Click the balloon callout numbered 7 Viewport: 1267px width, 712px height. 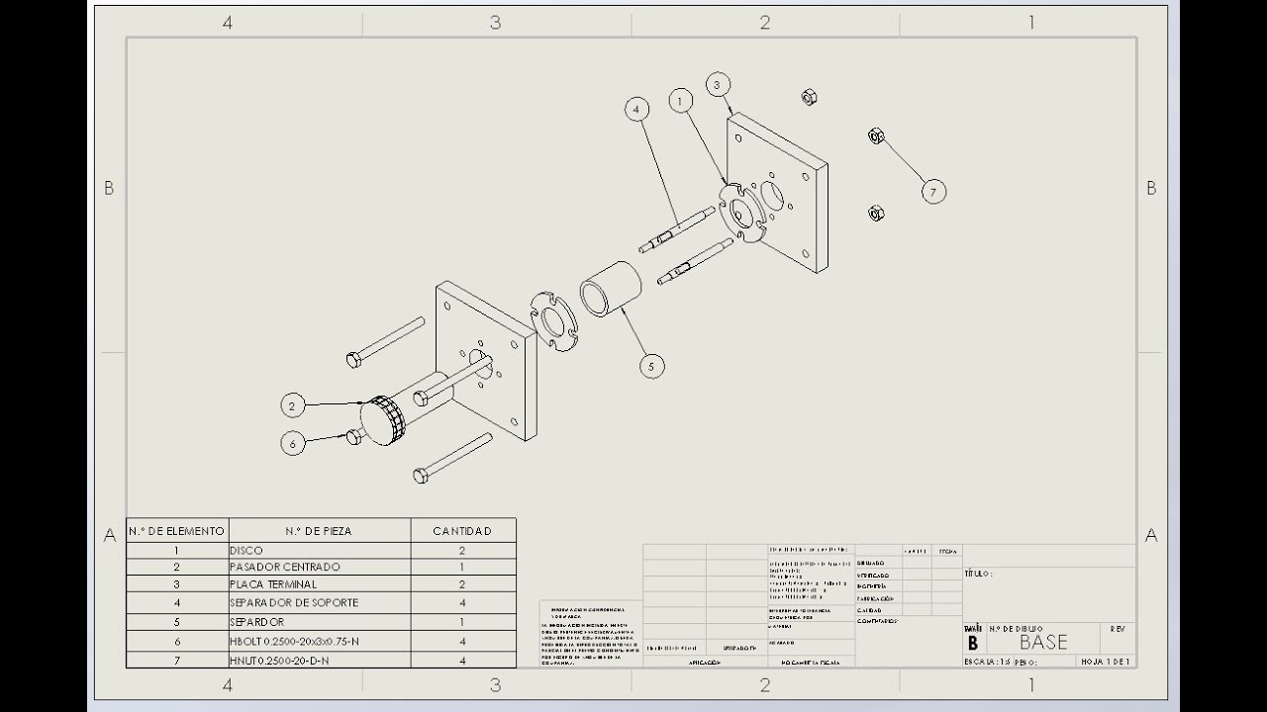click(933, 191)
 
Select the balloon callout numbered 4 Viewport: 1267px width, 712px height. click(636, 109)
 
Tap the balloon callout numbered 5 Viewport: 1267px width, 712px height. click(651, 367)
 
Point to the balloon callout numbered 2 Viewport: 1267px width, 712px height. click(292, 404)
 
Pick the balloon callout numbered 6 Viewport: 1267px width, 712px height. click(292, 444)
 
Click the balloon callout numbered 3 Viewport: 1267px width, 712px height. click(718, 85)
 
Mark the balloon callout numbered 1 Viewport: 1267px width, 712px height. click(680, 100)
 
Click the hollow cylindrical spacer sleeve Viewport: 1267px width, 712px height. click(610, 288)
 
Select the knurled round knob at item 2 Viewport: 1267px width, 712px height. click(381, 420)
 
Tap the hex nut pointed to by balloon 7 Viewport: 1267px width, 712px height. click(876, 136)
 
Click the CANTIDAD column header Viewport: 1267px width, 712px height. click(462, 531)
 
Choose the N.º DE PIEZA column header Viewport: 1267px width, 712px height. click(319, 531)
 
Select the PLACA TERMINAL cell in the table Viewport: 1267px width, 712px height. click(273, 584)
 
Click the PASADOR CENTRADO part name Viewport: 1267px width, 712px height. click(284, 567)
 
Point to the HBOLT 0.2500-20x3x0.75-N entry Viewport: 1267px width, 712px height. click(294, 641)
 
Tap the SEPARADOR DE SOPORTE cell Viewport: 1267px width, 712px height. click(294, 602)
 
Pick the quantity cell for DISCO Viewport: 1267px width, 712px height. click(462, 550)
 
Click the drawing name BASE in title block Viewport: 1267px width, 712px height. click(1043, 642)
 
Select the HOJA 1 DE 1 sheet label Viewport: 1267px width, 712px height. click(1106, 661)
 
